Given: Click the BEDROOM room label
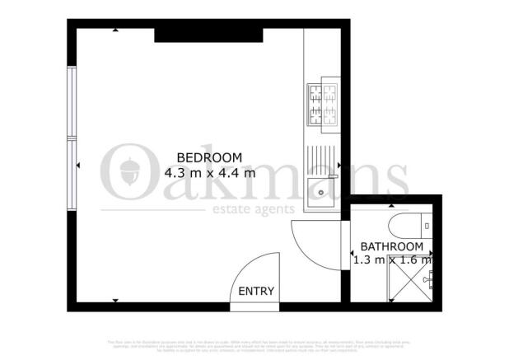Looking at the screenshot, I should [209, 157].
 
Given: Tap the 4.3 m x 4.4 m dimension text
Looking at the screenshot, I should [209, 173].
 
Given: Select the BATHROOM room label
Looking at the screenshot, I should [392, 246].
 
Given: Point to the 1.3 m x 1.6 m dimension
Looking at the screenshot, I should [392, 260].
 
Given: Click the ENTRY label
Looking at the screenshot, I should [256, 291].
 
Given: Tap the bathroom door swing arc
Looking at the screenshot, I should [317, 239].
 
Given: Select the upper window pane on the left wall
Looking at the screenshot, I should [72, 102].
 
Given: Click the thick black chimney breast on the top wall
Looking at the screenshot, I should [208, 34].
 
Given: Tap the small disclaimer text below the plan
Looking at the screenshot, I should [254, 344].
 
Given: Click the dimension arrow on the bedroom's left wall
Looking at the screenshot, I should [77, 167].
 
